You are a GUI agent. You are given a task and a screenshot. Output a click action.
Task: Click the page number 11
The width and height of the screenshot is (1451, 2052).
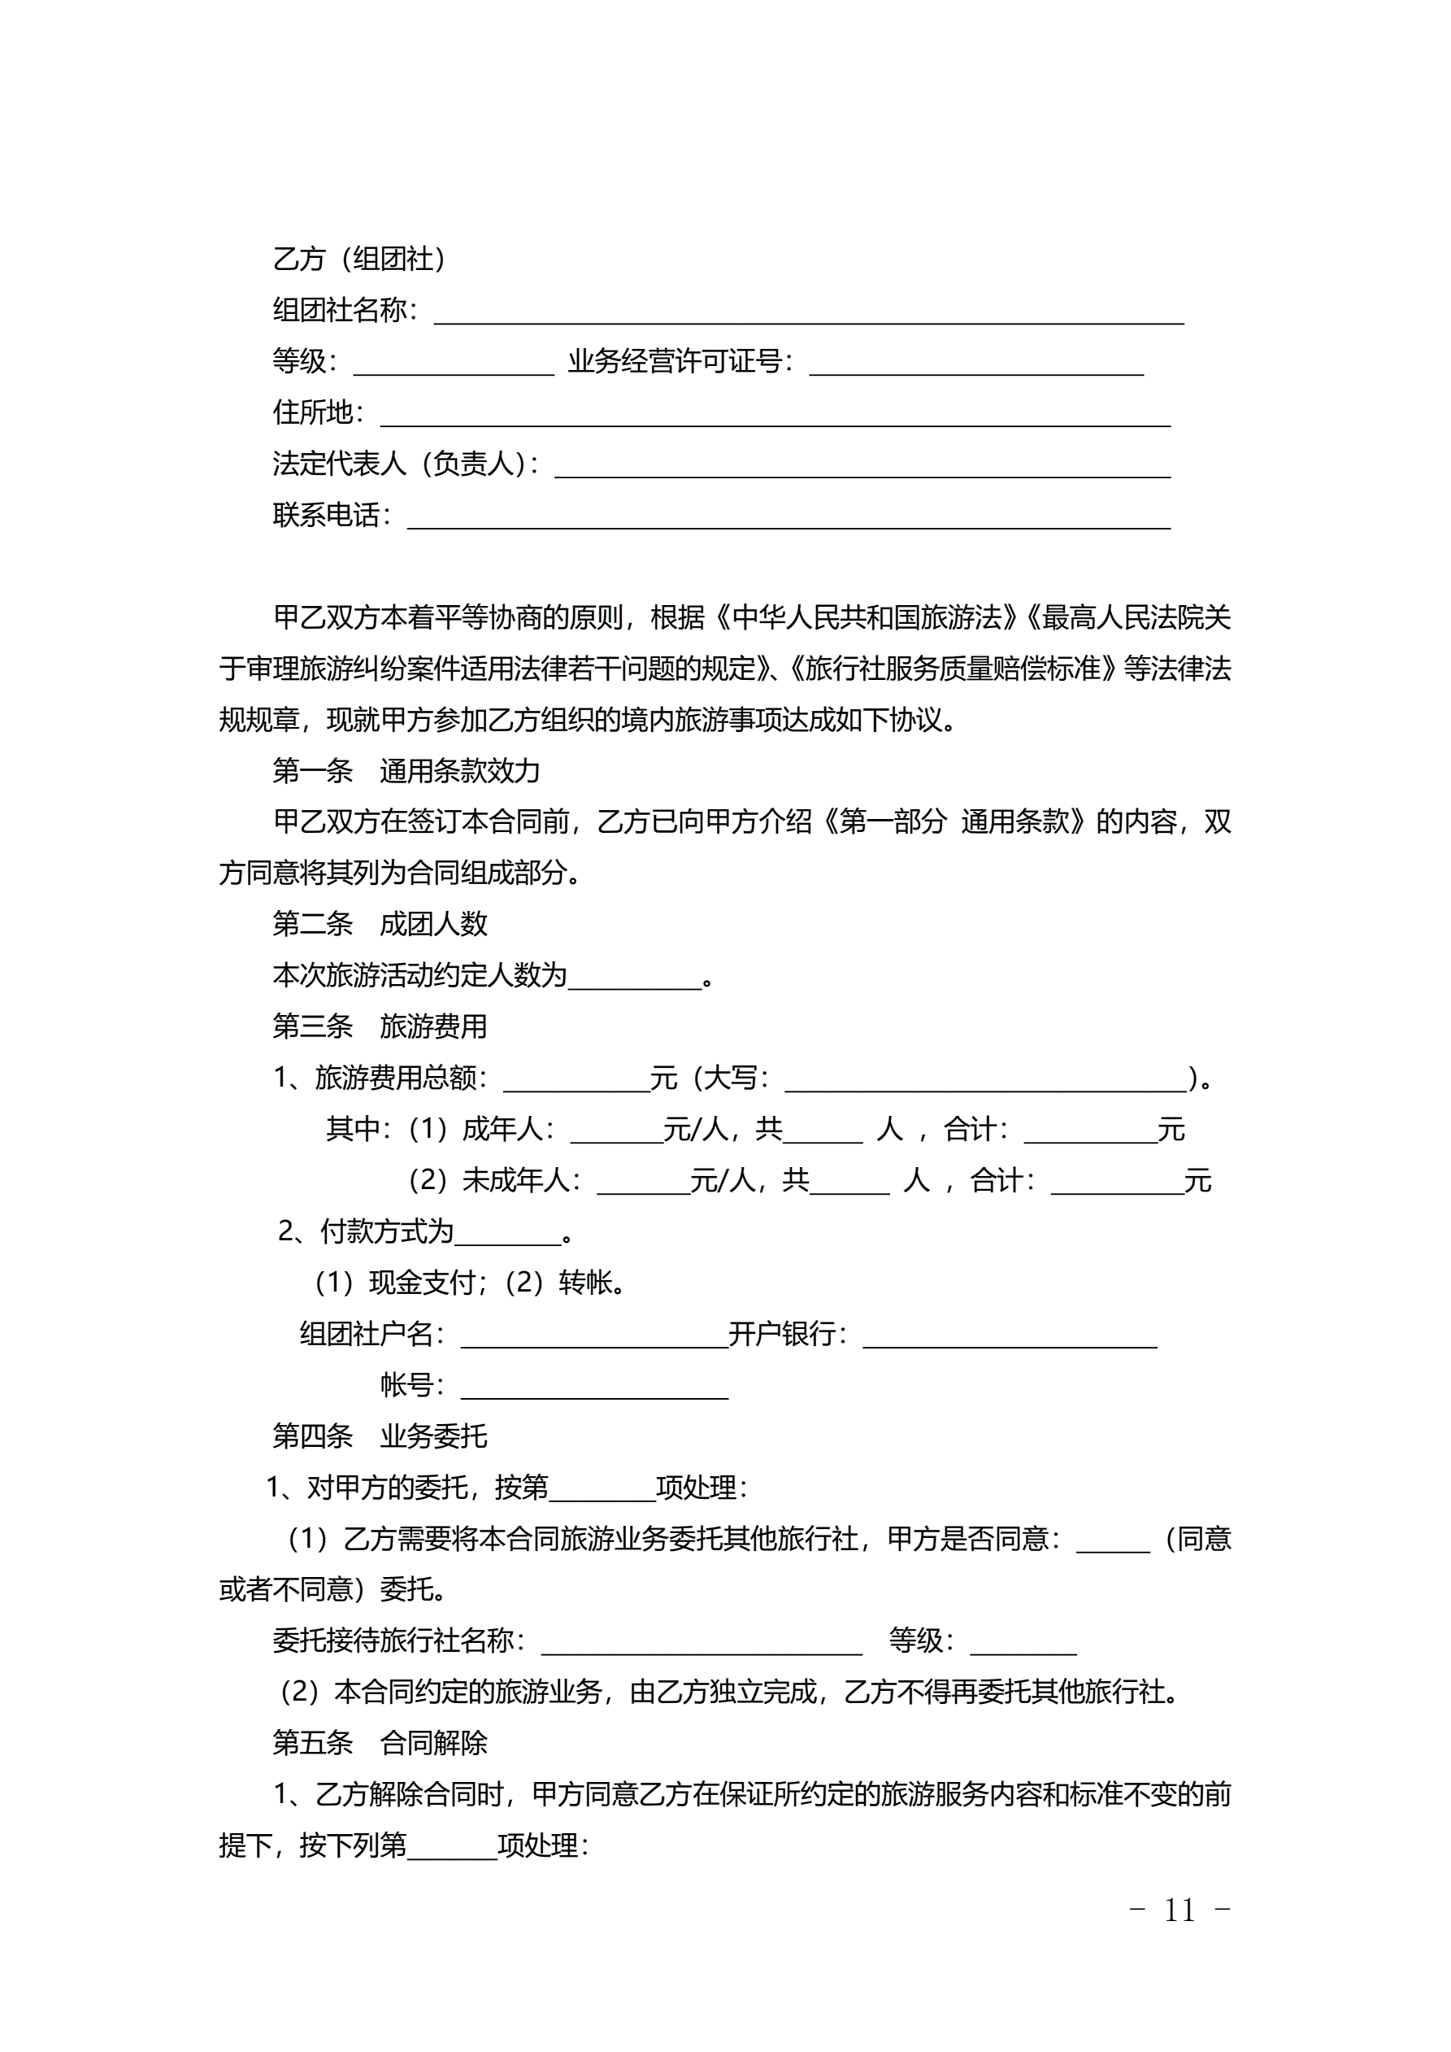1179,1910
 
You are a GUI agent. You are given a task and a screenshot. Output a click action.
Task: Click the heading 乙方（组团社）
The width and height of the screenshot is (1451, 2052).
359,259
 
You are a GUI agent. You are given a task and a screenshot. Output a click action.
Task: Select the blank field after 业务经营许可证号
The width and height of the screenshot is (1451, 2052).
975,365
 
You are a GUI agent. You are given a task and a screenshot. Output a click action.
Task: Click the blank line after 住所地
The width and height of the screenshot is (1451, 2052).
775,416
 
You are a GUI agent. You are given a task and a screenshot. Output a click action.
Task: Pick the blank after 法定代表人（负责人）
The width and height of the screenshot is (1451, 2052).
862,468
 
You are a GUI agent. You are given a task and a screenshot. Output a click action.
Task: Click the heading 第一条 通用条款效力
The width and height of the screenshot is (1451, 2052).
406,770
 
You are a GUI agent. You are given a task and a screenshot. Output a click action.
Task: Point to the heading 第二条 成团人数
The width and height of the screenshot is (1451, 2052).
380,923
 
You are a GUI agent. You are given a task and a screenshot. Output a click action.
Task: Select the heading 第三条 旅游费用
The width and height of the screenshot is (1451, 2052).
380,1026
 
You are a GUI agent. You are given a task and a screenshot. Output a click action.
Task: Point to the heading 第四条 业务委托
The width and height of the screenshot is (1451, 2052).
380,1436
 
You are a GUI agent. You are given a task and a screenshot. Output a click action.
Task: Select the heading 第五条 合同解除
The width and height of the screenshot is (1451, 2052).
380,1743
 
